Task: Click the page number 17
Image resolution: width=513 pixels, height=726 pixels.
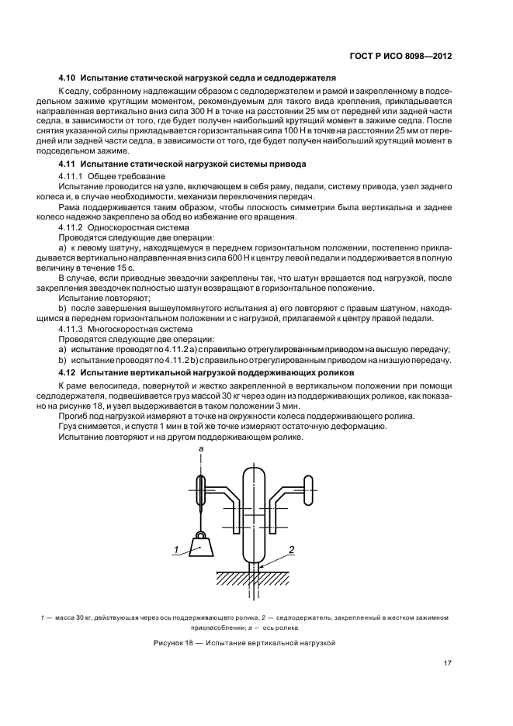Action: pos(448,662)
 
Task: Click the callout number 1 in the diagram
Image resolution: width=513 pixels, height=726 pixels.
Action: pos(175,549)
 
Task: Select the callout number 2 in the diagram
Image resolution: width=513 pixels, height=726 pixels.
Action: pos(291,549)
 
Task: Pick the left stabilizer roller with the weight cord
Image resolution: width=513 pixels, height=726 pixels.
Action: pos(201,490)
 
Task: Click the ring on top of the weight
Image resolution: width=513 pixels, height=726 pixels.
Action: pos(201,534)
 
